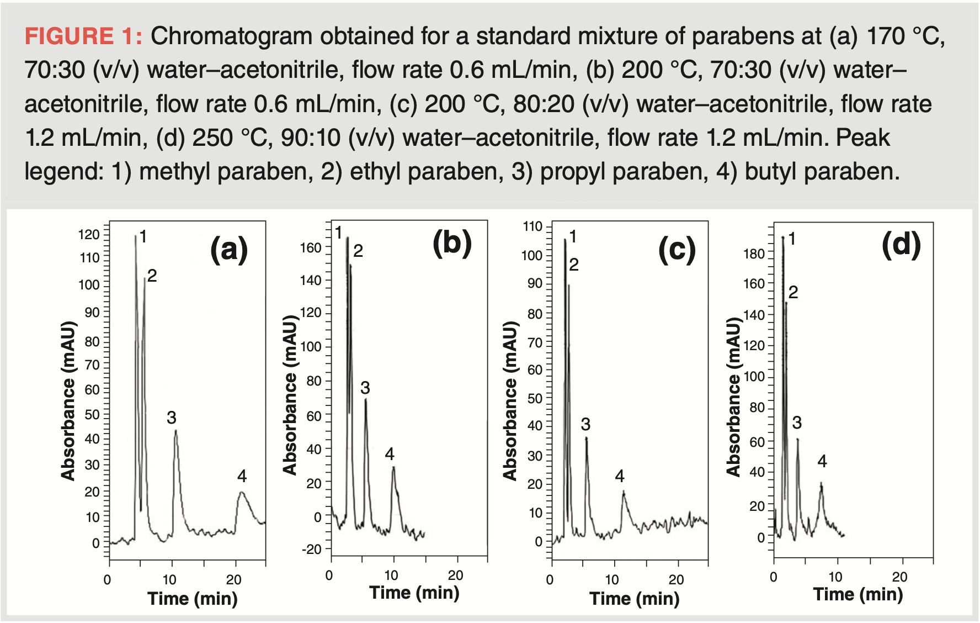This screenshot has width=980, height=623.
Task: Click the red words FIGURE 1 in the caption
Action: [83, 36]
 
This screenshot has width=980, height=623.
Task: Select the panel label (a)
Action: [229, 249]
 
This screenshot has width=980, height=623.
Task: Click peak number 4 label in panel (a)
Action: [242, 476]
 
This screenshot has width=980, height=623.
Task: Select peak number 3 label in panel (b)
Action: [365, 388]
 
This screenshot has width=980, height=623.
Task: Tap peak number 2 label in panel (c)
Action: [574, 265]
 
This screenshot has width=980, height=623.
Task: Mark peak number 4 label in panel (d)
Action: [822, 461]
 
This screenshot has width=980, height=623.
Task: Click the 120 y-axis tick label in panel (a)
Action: [89, 235]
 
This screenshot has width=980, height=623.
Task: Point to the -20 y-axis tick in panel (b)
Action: [311, 549]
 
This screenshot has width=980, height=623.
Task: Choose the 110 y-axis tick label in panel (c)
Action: [532, 226]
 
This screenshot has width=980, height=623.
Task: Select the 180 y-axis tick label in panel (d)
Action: [754, 254]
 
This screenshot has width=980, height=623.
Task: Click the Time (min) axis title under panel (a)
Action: [193, 598]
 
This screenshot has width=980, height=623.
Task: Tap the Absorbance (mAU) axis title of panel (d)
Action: [733, 397]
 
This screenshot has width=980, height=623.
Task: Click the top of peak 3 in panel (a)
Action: [175, 431]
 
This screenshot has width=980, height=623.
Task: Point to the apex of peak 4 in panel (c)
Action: [624, 492]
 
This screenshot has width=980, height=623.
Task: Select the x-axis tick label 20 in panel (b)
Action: [456, 576]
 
